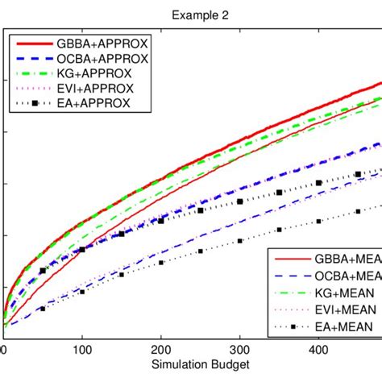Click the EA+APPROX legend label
(x=98, y=103)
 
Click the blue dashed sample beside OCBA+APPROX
(x=35, y=59)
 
